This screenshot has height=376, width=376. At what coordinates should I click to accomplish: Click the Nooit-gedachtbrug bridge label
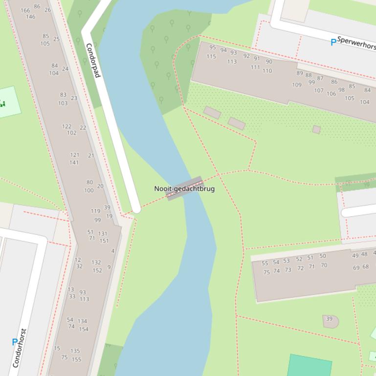184,188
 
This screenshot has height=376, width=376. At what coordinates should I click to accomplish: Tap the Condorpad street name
93,61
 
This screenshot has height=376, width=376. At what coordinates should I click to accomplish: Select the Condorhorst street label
20,348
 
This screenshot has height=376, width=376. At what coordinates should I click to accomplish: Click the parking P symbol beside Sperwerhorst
333,42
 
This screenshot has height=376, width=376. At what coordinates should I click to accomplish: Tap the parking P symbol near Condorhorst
15,342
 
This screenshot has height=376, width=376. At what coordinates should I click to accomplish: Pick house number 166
25,10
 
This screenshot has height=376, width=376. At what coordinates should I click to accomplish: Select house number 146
30,17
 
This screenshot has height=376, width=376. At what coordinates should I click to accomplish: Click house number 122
66,126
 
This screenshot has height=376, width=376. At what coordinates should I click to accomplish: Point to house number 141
74,163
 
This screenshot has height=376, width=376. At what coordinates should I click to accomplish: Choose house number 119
95,211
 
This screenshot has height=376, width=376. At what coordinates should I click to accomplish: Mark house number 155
76,359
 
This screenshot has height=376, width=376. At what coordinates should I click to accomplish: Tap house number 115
211,57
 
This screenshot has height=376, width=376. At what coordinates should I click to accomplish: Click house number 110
267,71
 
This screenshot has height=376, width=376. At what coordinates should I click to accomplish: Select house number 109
297,84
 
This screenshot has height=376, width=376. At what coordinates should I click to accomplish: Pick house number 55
265,263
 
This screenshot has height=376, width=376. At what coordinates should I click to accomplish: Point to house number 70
324,265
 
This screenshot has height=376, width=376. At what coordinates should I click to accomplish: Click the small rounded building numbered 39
330,320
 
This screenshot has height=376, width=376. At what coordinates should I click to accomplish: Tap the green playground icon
3,103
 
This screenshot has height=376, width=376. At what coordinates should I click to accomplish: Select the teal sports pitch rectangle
310,365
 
